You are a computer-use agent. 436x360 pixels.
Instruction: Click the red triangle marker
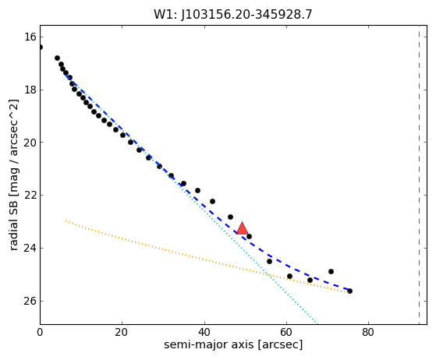point(243,229)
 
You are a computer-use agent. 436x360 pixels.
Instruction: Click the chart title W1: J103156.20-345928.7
point(233,15)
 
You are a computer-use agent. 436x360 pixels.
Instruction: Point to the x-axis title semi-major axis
point(209,344)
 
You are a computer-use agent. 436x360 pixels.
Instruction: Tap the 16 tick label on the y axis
point(30,37)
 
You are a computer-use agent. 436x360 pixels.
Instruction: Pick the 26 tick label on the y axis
point(30,301)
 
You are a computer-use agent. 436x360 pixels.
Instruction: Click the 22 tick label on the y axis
point(30,196)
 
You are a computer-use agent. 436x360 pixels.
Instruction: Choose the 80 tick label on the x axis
point(368,332)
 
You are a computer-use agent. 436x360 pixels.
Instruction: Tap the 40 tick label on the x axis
point(204,332)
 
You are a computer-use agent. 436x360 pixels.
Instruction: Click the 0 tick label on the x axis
point(40,332)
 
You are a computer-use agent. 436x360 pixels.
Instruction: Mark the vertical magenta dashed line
point(419,175)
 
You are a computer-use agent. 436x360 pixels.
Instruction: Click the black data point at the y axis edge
point(41,48)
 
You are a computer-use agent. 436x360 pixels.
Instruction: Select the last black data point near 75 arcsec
point(349,291)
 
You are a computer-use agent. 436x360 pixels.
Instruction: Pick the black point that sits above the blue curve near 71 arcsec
point(331,271)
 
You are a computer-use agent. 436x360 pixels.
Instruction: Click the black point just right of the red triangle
point(249,236)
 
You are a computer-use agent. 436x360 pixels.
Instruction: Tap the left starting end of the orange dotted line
point(66,221)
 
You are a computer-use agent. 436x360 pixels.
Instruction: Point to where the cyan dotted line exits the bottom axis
point(317,324)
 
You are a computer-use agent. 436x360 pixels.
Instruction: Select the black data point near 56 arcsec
point(269,261)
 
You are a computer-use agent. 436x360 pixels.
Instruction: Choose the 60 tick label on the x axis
point(286,332)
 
